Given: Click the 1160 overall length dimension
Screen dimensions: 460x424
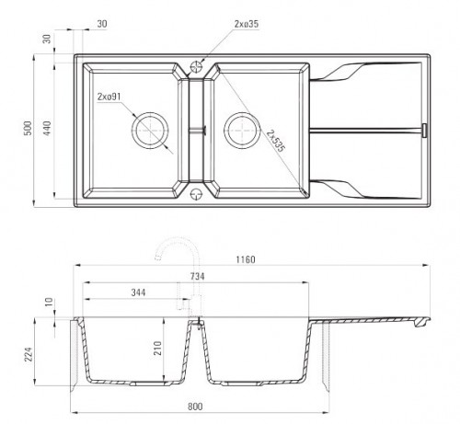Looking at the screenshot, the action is pos(246,259).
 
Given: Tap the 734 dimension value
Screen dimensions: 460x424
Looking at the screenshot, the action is pos(197,276).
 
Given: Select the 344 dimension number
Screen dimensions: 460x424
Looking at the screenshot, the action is pos(138,292).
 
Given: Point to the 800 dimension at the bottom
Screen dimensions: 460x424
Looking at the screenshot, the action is pos(195,407).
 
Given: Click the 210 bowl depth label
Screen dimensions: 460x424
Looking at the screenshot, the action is pos(157,348).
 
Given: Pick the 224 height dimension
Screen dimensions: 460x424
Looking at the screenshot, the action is pos(29,354).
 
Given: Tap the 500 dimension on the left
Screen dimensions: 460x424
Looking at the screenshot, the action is pos(28,128).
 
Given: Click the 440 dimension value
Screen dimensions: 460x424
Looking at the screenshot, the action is pos(47,128).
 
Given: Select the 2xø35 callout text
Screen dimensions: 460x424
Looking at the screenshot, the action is pos(247,24).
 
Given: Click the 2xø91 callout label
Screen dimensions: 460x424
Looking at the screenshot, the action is pos(109,97).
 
